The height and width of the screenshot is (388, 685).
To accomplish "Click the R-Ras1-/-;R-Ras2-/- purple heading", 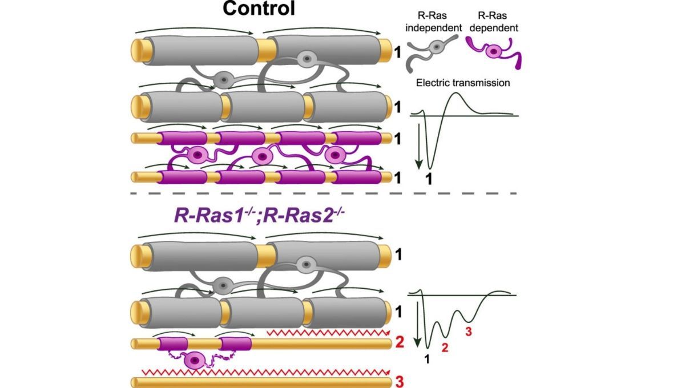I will [x=255, y=217].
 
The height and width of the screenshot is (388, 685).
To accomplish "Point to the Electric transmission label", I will [x=462, y=83].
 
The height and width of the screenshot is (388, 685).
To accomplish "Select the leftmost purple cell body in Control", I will [x=197, y=155].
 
